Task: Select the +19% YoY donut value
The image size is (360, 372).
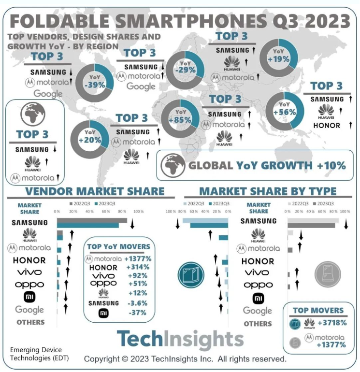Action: point(279,59)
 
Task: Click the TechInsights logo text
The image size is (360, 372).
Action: point(180,339)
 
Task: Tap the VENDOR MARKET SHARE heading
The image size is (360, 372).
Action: point(95,191)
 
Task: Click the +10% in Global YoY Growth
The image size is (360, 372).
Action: point(331,166)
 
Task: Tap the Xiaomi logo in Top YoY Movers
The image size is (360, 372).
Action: point(103,313)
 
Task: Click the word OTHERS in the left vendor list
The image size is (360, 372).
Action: point(30,322)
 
